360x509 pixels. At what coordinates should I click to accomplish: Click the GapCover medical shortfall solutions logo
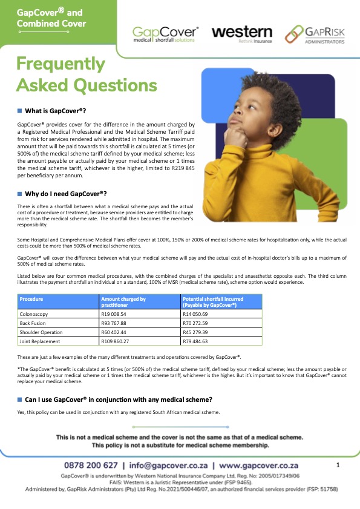[166, 34]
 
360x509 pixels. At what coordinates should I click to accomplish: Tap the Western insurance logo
[242, 33]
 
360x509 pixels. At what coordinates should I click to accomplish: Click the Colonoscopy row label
[34, 315]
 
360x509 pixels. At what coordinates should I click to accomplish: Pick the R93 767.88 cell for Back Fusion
[115, 324]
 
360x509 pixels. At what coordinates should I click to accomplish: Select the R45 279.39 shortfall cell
[197, 333]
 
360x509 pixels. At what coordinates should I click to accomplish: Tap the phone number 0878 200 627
[91, 465]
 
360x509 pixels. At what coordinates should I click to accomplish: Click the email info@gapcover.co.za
[166, 465]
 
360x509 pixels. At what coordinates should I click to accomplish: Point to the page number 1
[338, 465]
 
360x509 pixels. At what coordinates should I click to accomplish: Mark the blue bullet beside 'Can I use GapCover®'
[19, 399]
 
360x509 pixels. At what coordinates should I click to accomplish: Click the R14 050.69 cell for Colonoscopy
[197, 315]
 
